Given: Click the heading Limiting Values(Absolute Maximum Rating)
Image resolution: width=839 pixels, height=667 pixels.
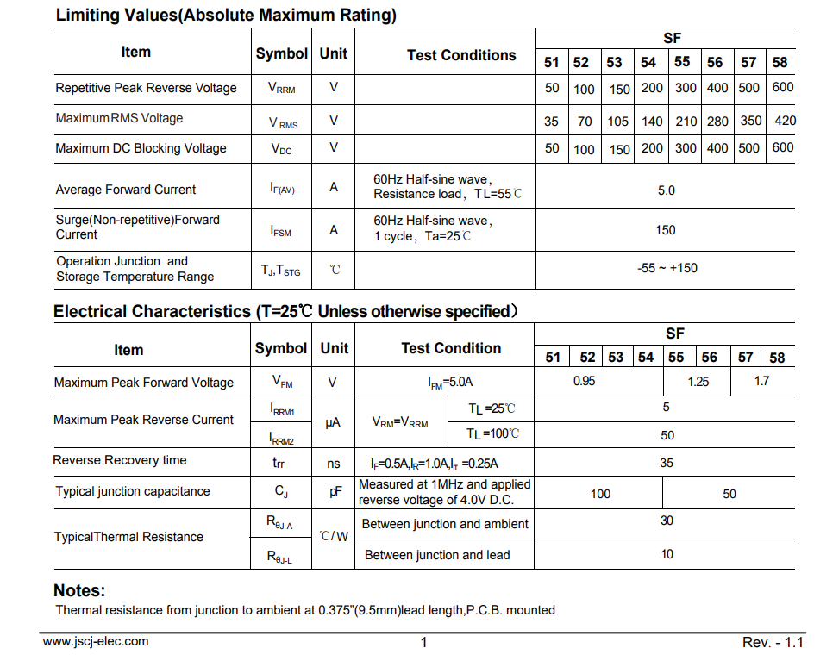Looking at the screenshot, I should click(x=226, y=16).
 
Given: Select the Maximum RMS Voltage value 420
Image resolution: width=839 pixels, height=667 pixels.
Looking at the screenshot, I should click(x=785, y=121).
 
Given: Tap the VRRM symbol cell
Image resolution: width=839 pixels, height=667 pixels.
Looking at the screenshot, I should click(x=281, y=88).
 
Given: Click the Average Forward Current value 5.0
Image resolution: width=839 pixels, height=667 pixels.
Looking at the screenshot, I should click(x=666, y=190).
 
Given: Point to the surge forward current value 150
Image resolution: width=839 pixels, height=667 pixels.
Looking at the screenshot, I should click(x=666, y=230).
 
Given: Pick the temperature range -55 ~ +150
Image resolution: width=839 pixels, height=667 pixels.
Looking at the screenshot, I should click(x=667, y=268).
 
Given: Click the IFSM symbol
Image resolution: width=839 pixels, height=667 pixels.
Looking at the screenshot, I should click(x=281, y=231).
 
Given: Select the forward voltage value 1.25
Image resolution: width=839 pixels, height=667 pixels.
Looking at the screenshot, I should click(x=698, y=382).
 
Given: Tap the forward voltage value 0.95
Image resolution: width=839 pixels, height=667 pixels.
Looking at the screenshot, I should click(x=584, y=381).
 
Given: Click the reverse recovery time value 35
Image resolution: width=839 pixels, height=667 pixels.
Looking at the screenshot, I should click(x=667, y=463).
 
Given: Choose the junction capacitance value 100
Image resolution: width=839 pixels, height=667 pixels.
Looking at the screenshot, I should click(x=600, y=494).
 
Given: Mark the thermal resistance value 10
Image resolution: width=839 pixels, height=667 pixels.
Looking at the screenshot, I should click(x=667, y=554).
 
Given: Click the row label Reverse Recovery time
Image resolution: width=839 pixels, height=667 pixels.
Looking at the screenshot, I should click(x=120, y=460).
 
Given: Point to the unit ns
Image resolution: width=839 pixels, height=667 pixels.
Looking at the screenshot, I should click(x=334, y=464).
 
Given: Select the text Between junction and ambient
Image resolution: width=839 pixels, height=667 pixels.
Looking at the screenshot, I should click(x=445, y=524).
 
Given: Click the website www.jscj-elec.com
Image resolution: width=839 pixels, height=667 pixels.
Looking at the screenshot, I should click(x=96, y=641).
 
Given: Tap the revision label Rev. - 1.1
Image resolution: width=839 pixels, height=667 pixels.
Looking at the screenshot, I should click(x=773, y=643).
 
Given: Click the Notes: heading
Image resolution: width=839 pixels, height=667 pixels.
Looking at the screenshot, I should click(x=79, y=591).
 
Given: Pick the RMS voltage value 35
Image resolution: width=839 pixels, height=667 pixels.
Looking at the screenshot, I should click(x=551, y=122).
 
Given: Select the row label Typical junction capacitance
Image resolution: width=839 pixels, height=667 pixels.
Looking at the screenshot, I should click(x=133, y=491).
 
